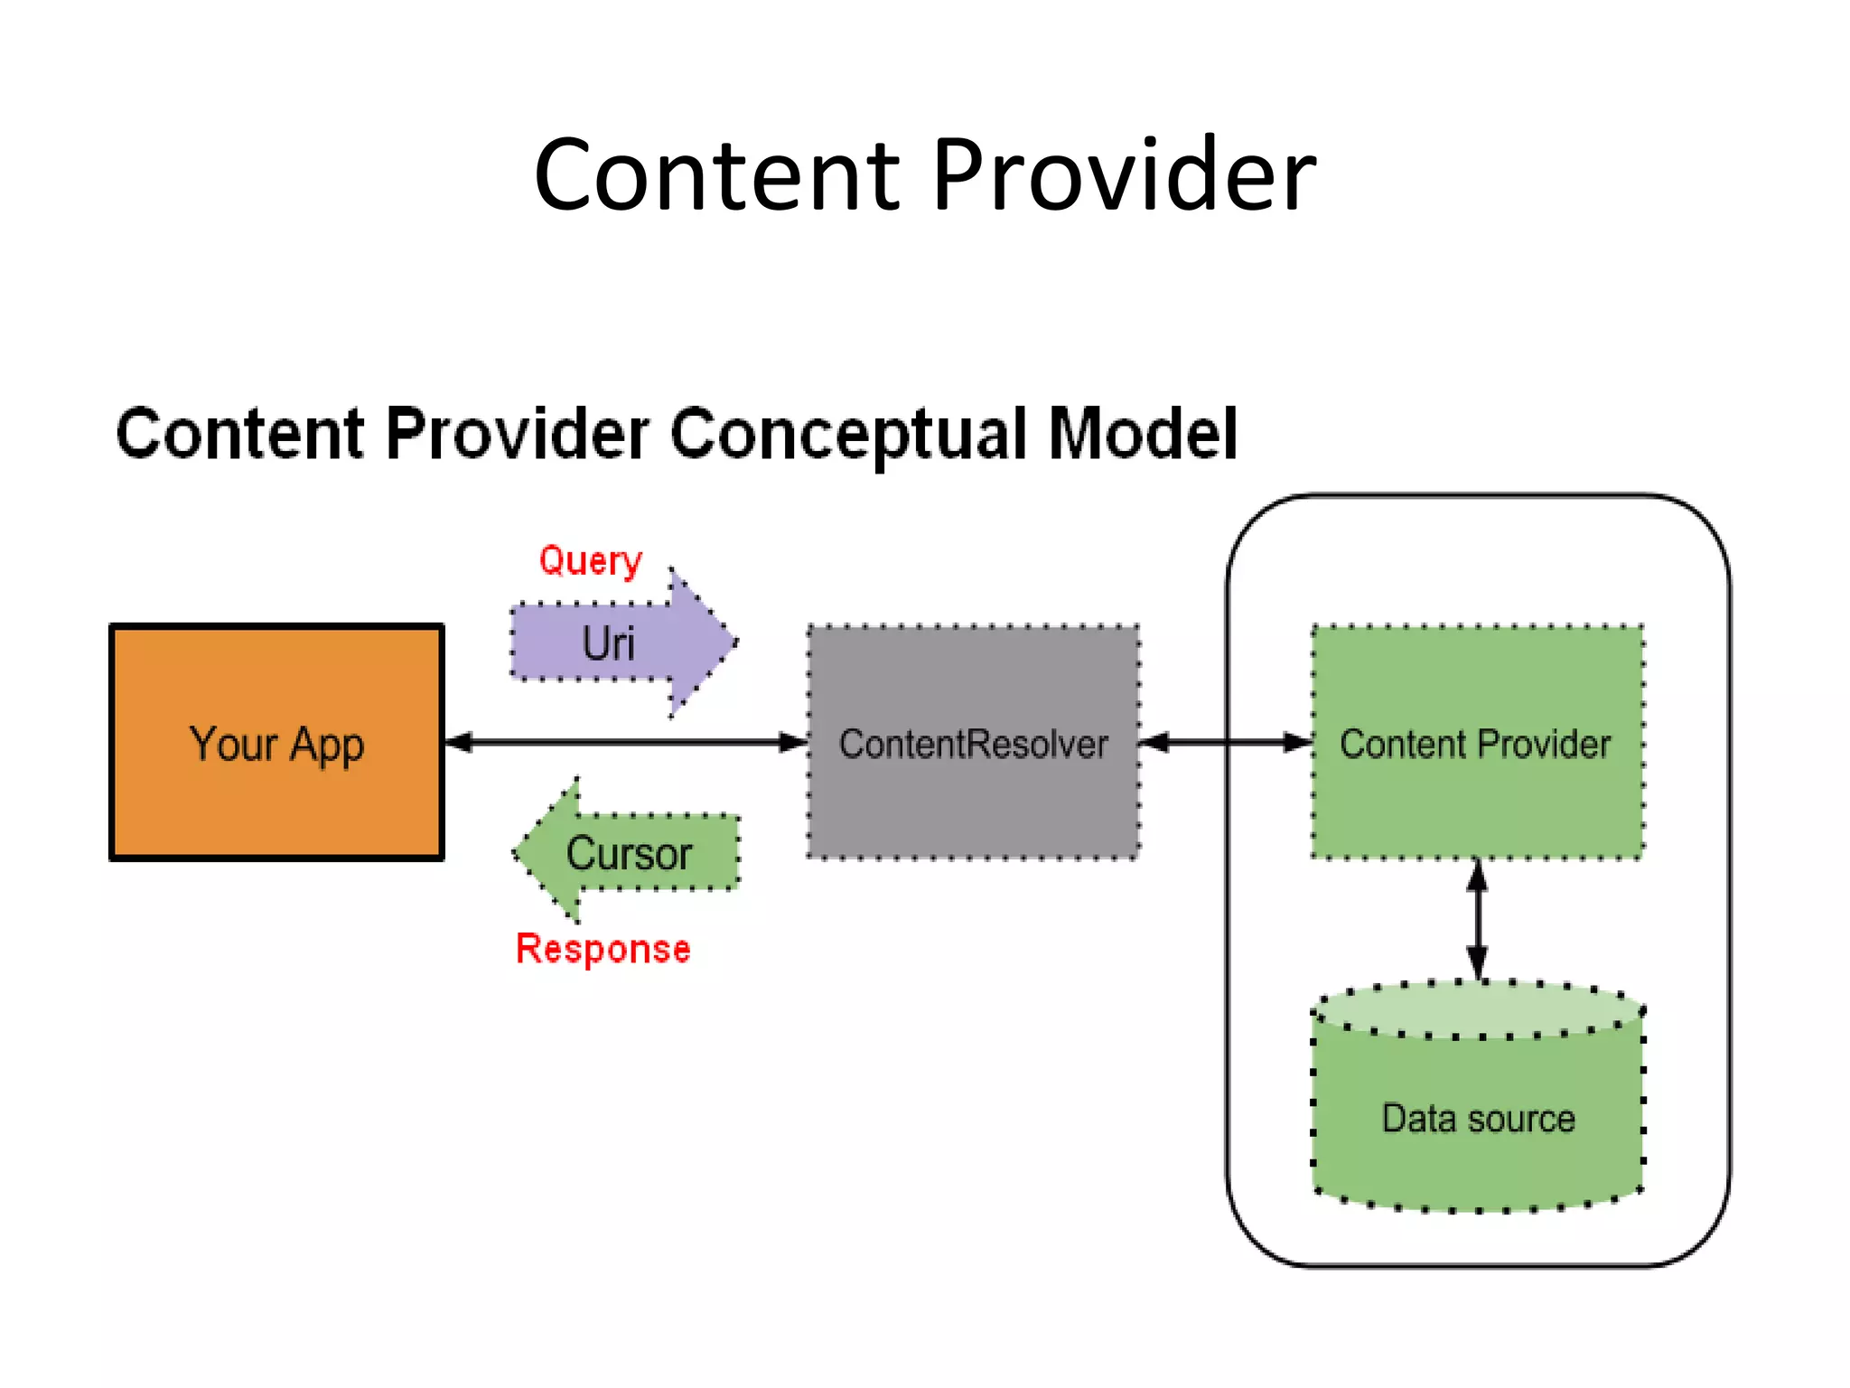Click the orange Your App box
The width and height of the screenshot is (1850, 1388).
[x=276, y=795]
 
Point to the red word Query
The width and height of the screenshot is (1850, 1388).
[x=590, y=560]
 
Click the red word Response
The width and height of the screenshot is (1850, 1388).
[x=603, y=949]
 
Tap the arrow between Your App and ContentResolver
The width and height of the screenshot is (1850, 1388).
[x=623, y=743]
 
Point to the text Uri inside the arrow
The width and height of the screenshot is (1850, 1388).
[x=608, y=643]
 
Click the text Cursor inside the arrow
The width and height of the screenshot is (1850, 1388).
[x=629, y=853]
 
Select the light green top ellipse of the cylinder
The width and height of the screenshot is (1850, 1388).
[x=1478, y=1009]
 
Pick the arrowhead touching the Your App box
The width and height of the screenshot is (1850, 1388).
[x=459, y=743]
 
